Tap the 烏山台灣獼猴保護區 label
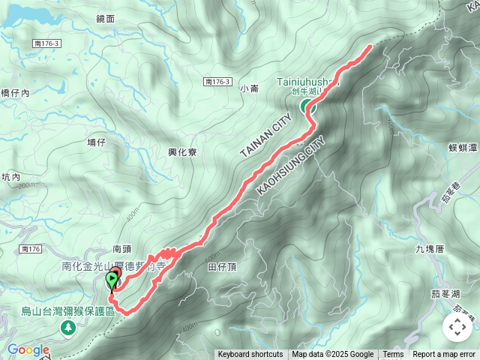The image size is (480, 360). (x=67, y=311)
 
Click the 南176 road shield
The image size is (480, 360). (x=31, y=248)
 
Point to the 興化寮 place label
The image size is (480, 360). (x=182, y=151)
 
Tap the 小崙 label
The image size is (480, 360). (x=250, y=88)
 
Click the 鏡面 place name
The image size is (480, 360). (x=106, y=18)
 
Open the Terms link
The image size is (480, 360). (x=393, y=355)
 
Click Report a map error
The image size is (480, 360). (x=444, y=355)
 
